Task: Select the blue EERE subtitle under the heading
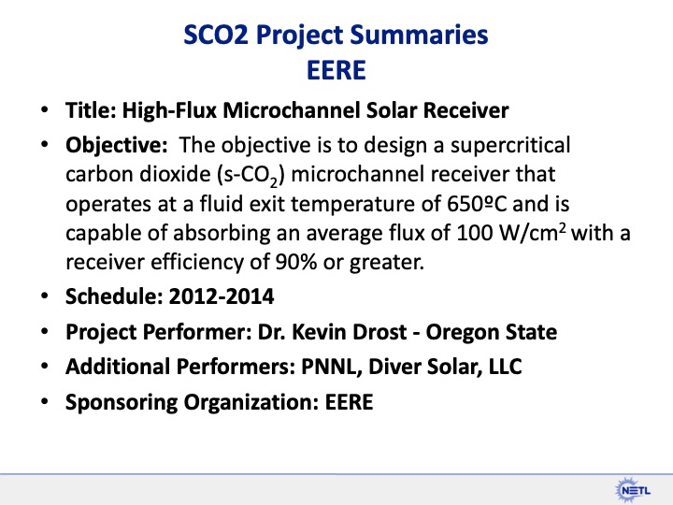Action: tap(336, 71)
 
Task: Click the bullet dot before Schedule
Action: tap(46, 298)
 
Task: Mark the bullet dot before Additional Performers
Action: tap(46, 367)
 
